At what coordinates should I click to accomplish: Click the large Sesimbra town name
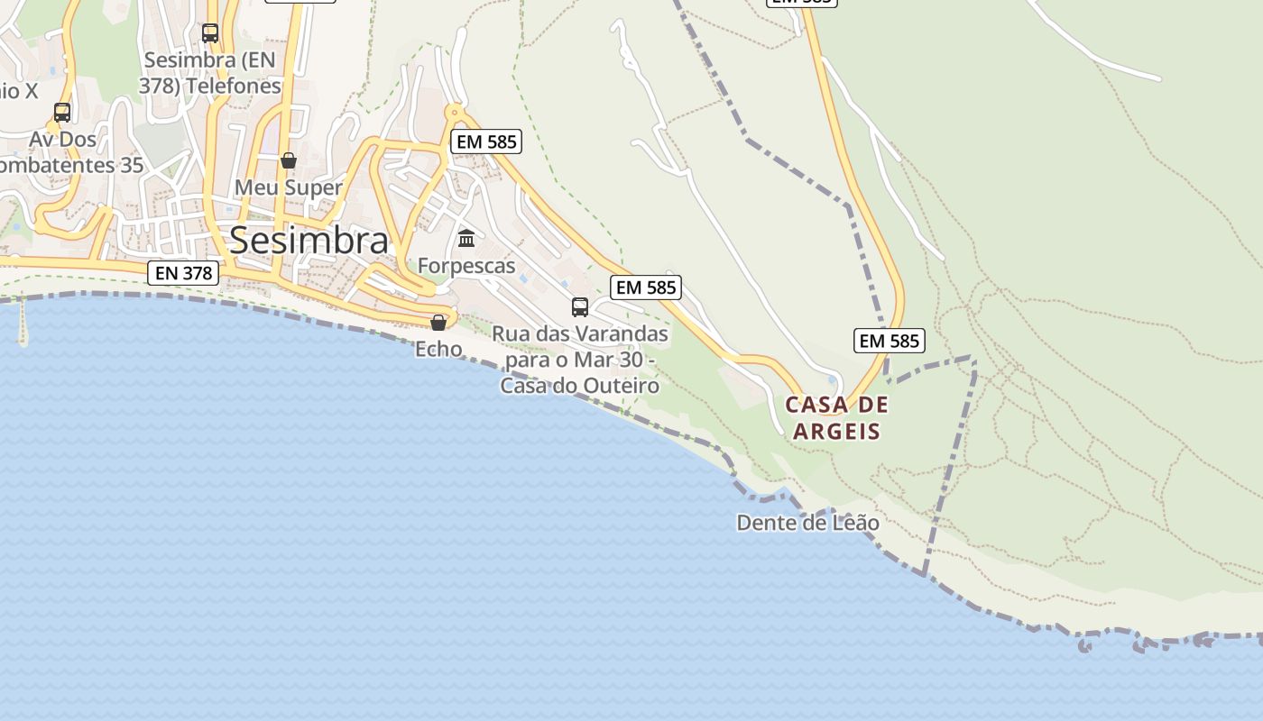[309, 241]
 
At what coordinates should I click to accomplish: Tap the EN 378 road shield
[183, 272]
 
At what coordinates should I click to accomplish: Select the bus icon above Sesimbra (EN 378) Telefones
[210, 33]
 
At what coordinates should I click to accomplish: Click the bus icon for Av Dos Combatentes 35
[62, 113]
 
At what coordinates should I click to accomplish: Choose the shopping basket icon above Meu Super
[289, 161]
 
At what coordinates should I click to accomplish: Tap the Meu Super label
[289, 187]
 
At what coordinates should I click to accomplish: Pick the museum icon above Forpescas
[466, 239]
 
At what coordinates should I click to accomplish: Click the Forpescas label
[466, 266]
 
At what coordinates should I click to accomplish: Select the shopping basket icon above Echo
[438, 323]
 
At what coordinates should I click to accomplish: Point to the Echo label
[438, 349]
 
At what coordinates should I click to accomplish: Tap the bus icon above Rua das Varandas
[580, 307]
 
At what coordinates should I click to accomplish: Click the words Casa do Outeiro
[580, 386]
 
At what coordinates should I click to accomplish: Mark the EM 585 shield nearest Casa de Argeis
[889, 341]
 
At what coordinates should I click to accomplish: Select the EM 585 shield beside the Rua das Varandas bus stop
[645, 287]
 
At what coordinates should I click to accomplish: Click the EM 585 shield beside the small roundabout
[486, 141]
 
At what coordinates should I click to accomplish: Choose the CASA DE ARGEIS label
[836, 418]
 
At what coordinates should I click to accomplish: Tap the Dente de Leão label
[807, 523]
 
